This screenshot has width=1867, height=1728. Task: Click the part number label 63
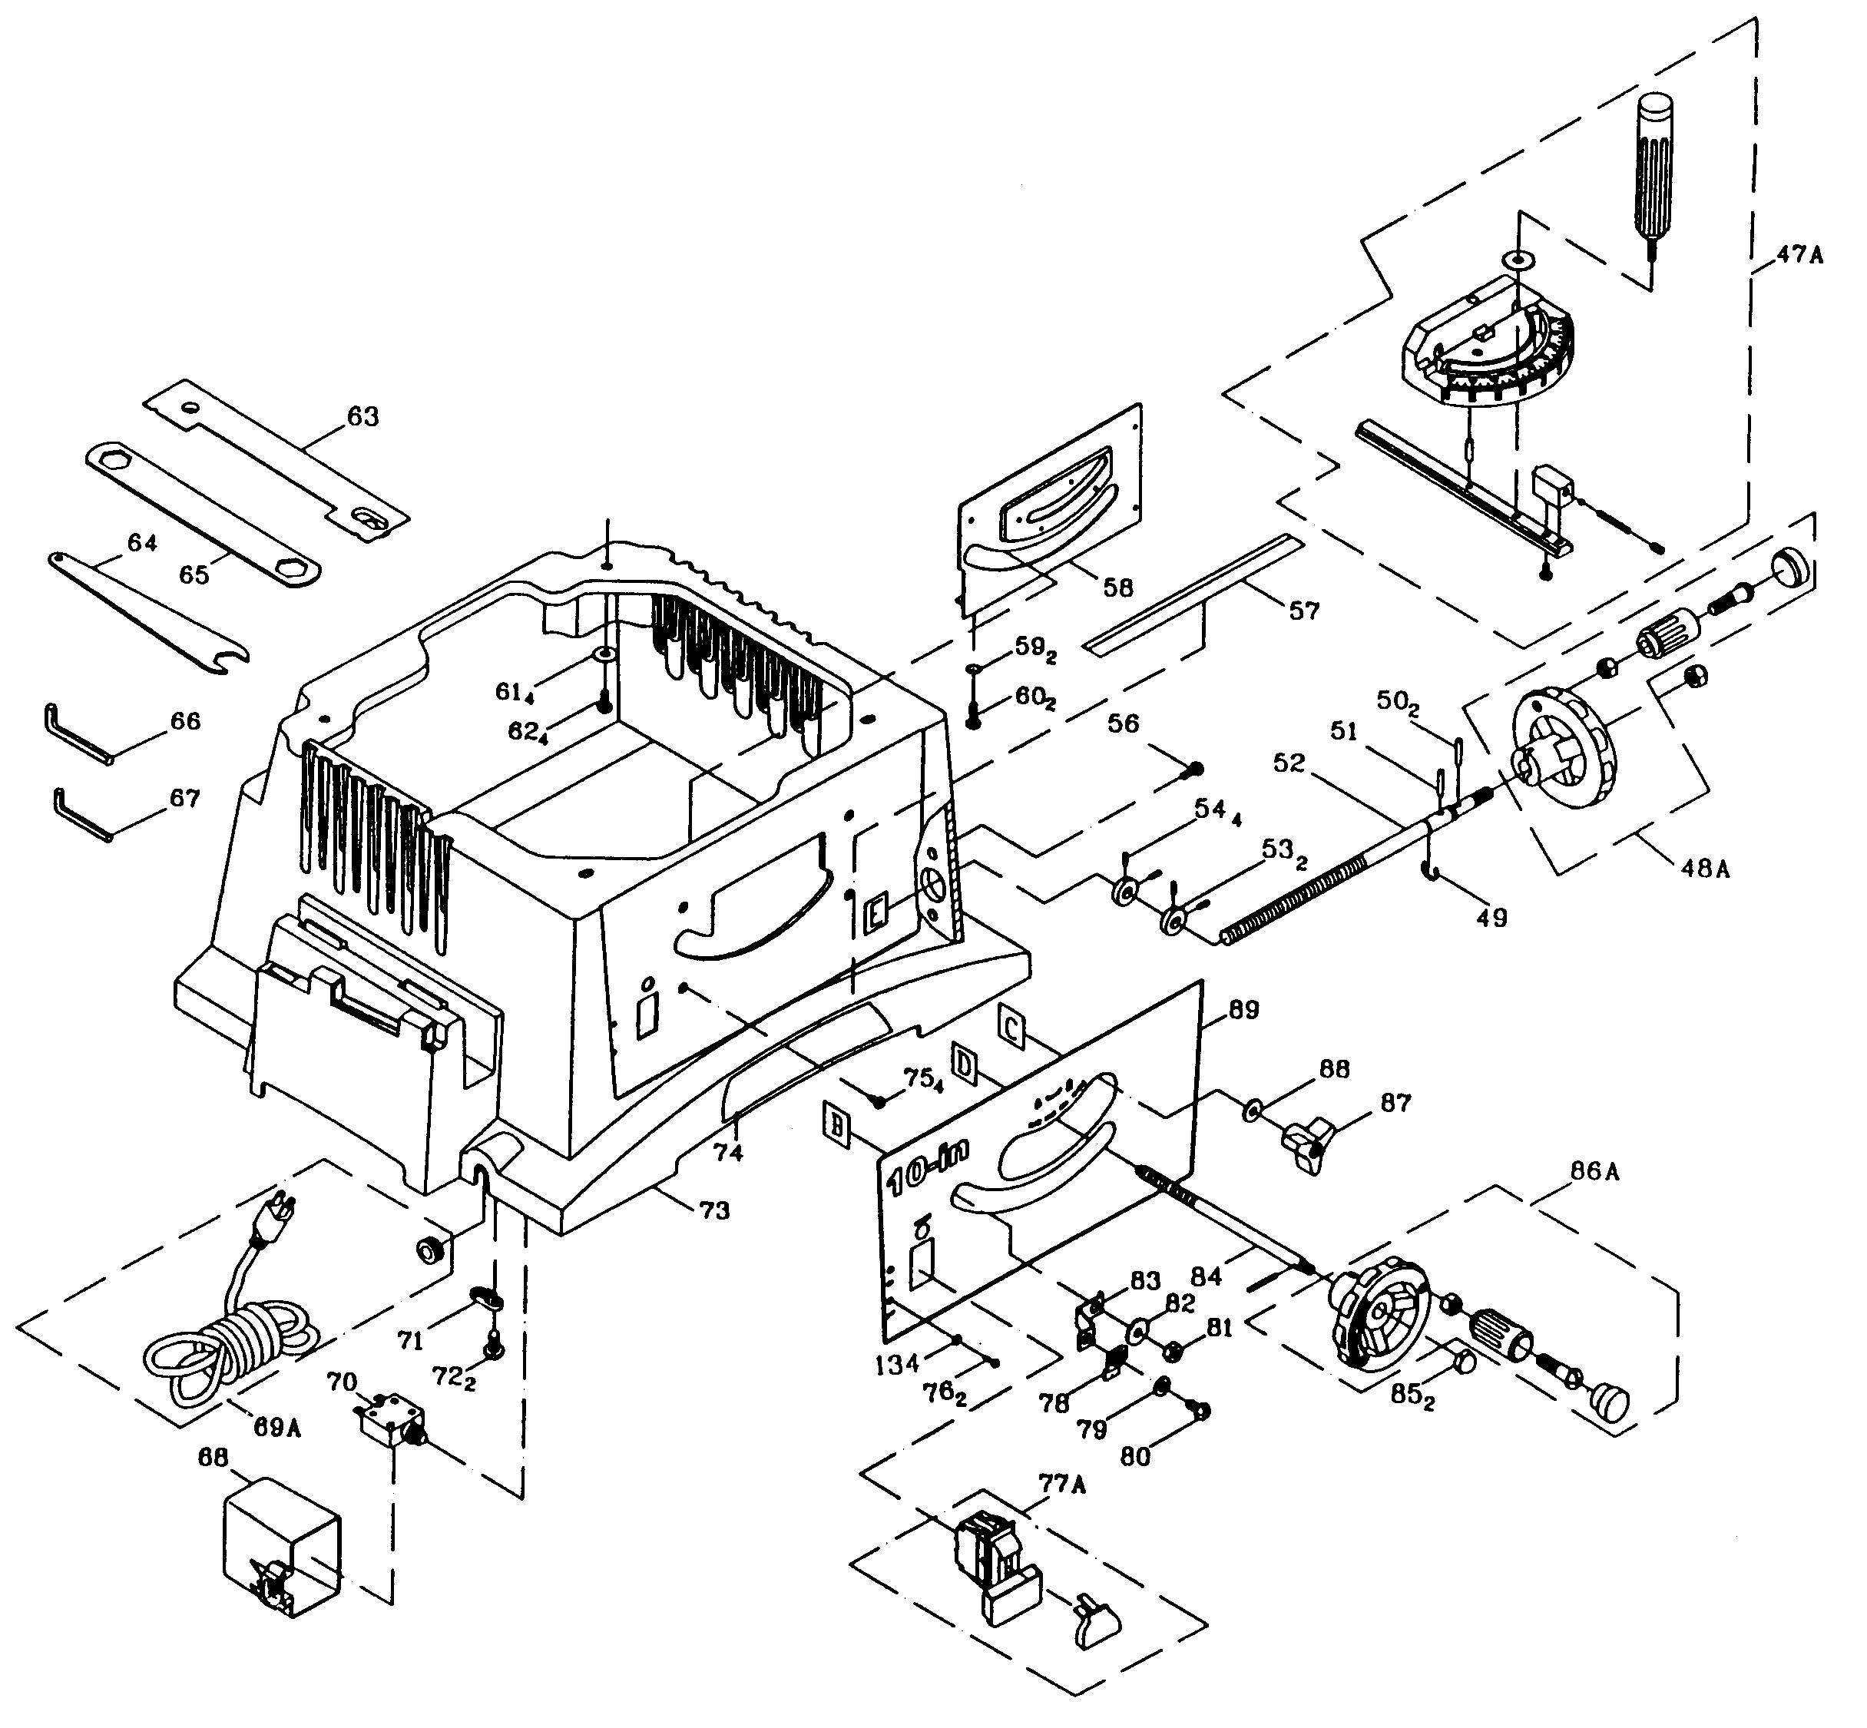click(362, 417)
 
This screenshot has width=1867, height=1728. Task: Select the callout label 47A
click(1799, 254)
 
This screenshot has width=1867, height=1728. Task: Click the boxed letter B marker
click(835, 1122)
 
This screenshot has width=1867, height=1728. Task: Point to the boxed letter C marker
click(1011, 1027)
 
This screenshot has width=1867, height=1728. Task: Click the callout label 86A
click(1594, 1170)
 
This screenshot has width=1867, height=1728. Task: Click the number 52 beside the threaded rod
click(1288, 763)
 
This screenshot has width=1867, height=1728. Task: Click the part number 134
click(896, 1364)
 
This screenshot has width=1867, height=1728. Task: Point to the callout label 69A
click(276, 1428)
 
